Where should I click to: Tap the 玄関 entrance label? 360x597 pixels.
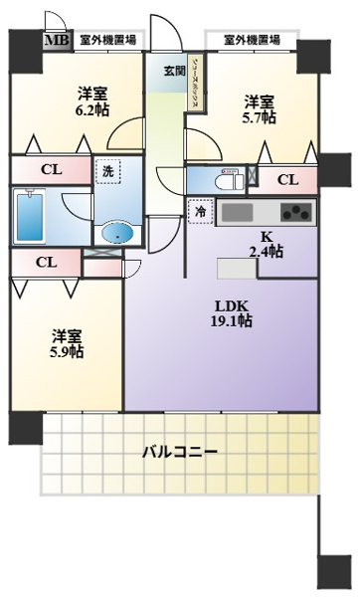click(161, 70)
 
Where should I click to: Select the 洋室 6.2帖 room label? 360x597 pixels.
click(93, 102)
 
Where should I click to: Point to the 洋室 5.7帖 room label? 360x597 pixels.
click(261, 108)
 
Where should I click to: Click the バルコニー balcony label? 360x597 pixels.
click(179, 452)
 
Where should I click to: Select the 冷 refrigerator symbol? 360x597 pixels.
click(200, 211)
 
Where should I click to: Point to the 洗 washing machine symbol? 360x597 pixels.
click(107, 170)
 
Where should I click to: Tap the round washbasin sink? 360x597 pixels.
click(118, 233)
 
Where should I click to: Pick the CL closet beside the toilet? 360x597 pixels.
click(287, 179)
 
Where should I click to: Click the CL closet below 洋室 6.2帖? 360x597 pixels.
click(50, 168)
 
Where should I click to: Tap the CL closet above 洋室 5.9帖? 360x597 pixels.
click(45, 263)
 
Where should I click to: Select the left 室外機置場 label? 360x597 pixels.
click(107, 40)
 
